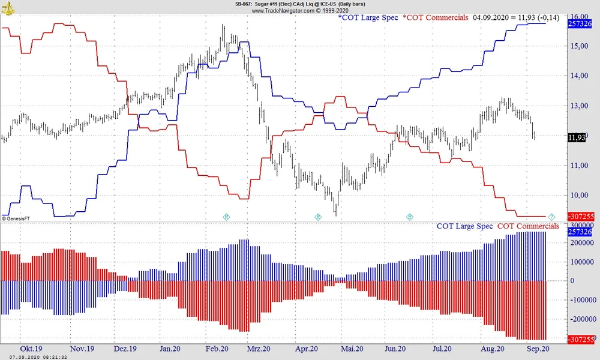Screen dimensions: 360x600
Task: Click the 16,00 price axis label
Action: tap(578, 16)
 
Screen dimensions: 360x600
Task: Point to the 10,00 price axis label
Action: tap(578, 195)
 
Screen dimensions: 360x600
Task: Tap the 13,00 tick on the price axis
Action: tap(578, 106)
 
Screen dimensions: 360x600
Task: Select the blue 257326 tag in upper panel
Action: tap(580, 23)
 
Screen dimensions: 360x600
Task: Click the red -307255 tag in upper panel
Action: tap(580, 216)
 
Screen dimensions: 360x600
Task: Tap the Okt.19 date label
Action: tap(31, 349)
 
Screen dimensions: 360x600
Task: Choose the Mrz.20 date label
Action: tap(258, 349)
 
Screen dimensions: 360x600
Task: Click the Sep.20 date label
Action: tap(538, 349)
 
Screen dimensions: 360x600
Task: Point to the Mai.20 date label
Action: tap(352, 349)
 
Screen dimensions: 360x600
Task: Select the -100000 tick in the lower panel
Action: tap(581, 299)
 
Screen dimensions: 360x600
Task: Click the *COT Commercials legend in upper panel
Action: tap(436, 18)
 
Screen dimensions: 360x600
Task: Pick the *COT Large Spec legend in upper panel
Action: tap(368, 18)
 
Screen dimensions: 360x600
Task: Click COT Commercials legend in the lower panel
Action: tap(528, 226)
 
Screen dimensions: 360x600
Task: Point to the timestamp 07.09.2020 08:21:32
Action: tap(34, 356)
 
